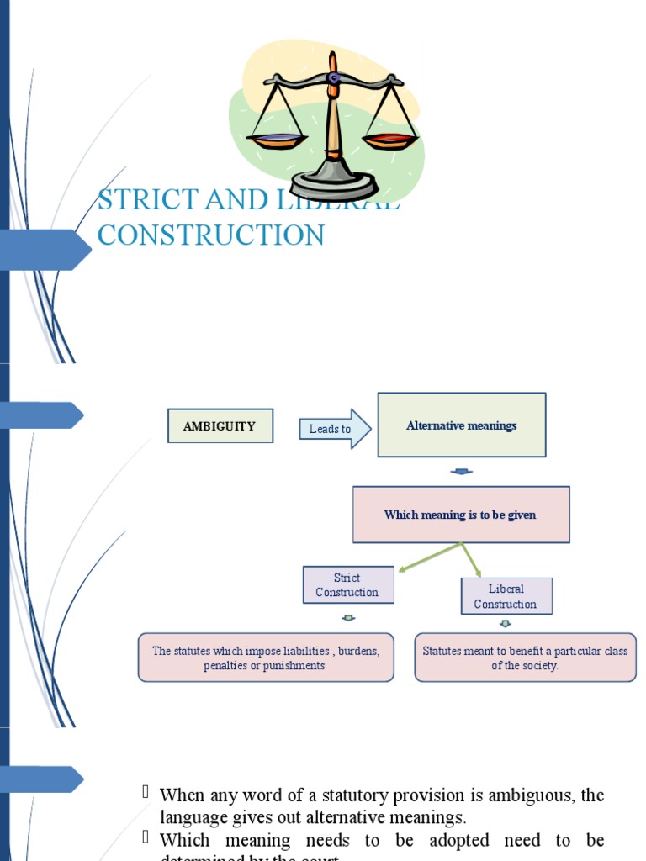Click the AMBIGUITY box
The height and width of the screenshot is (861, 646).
pos(220,426)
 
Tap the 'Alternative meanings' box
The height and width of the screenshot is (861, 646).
pos(461,425)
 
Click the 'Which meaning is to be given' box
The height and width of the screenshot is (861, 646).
pos(460,515)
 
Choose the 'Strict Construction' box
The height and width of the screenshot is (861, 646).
pos(347,585)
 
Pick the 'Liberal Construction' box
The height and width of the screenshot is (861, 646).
pos(506,596)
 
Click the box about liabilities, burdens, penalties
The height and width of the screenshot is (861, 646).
pos(266,658)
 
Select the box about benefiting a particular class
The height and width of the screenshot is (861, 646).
pos(525,658)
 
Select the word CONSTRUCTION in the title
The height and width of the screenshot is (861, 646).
pos(211,235)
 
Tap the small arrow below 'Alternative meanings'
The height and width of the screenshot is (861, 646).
pos(461,472)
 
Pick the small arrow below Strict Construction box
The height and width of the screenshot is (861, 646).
pos(347,618)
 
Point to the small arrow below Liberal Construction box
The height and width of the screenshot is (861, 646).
pos(506,624)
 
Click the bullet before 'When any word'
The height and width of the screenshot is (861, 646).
pos(146,792)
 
